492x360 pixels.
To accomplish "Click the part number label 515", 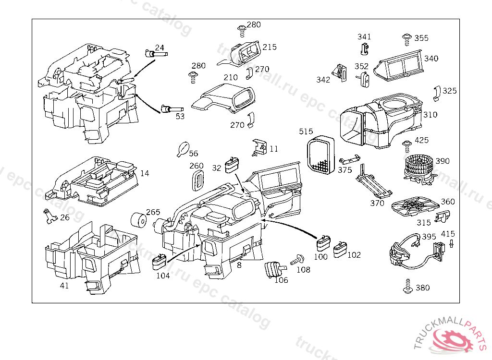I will pos(306,132).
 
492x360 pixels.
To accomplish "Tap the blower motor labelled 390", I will pos(417,169).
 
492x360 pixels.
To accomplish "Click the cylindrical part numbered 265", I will pos(139,220).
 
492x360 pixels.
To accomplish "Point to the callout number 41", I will pos(64,286).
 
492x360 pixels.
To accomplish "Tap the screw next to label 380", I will pos(408,287).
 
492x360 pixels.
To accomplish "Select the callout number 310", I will pos(430,115).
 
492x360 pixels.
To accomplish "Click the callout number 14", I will pos(145,173).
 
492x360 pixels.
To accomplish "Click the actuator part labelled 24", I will pos(155,54).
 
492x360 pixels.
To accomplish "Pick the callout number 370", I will pos(377,203).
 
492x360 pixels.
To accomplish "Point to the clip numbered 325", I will pos(437,94).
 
